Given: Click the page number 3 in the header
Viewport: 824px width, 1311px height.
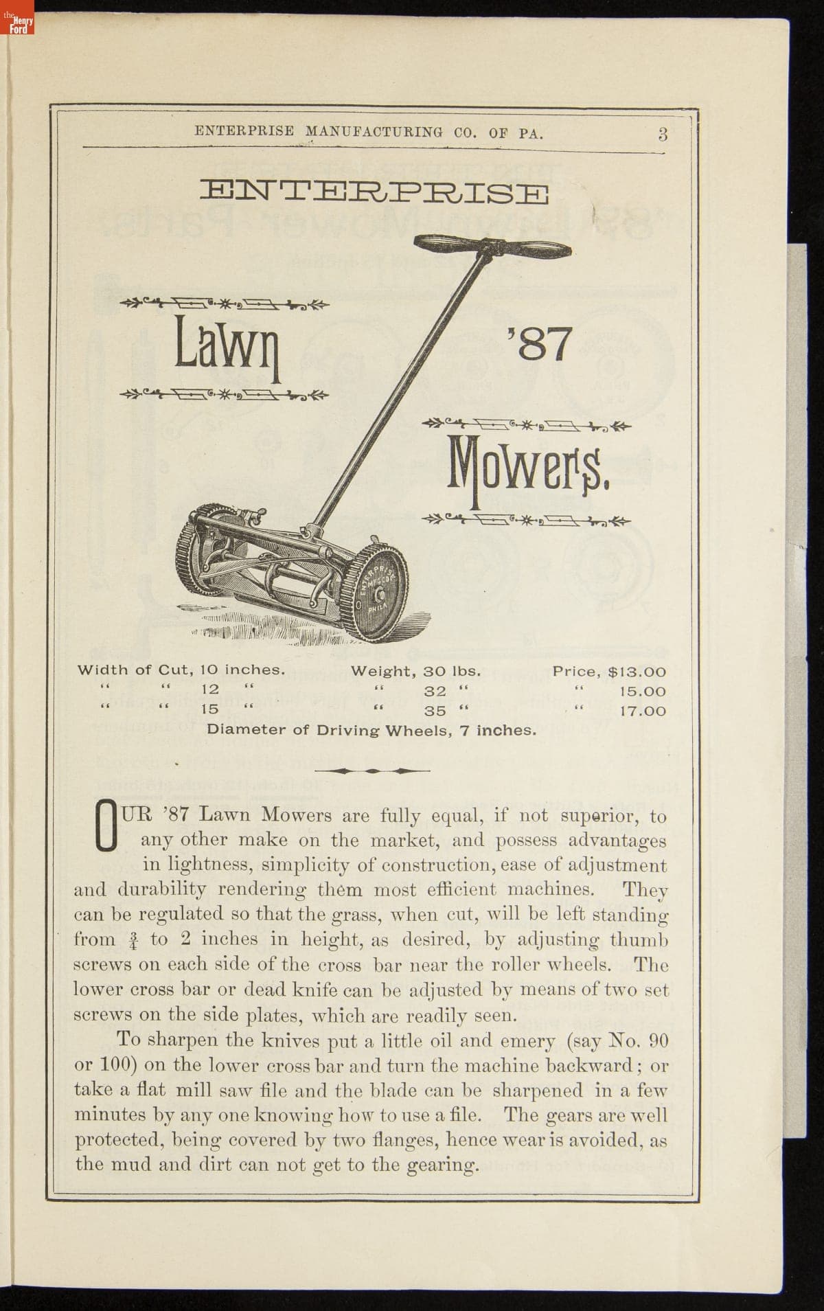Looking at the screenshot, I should (662, 134).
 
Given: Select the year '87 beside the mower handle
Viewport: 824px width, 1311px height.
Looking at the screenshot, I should (539, 343).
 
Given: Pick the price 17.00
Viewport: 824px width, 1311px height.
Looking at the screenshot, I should (642, 711).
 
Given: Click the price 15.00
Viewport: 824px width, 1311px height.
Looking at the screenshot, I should (642, 692).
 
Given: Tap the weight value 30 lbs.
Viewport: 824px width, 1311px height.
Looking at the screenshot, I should (451, 672).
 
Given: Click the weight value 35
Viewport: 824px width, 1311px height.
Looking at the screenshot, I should (434, 711).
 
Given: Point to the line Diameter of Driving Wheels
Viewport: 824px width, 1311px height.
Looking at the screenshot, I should (371, 730).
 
